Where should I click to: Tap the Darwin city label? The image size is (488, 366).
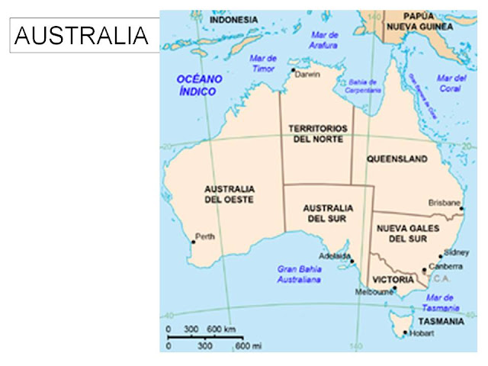tap(308, 75)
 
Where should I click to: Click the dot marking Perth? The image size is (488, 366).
tap(194, 242)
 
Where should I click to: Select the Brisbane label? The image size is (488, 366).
tap(445, 204)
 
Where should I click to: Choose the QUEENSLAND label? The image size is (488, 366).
tap(396, 159)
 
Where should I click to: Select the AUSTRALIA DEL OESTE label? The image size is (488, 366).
tap(229, 194)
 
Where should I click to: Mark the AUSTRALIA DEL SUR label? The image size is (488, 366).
tap(328, 213)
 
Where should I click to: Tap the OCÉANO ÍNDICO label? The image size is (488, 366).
tap(198, 85)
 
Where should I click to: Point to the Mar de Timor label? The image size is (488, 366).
tap(263, 63)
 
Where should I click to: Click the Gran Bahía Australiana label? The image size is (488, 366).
tap(298, 274)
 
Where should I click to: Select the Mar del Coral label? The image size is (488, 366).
tap(451, 83)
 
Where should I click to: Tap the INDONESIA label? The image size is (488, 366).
tap(234, 21)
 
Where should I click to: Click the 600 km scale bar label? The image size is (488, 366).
tap(220, 329)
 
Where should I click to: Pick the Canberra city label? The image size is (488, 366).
tap(446, 266)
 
